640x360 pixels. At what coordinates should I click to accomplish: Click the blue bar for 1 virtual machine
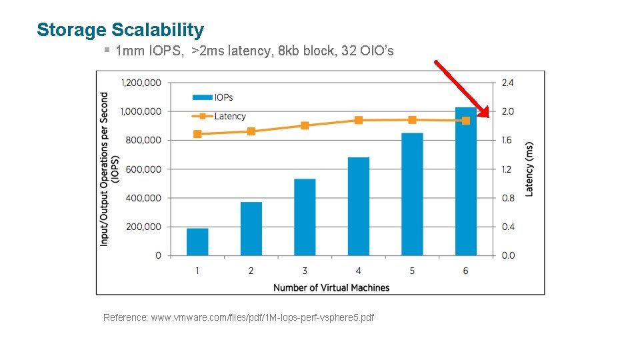tap(197, 242)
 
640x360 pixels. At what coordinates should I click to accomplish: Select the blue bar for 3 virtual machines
tap(305, 217)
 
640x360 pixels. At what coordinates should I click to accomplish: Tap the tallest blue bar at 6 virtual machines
tap(465, 181)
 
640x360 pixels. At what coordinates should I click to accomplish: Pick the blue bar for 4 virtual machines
tap(359, 207)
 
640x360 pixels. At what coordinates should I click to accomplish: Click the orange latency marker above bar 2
tap(251, 131)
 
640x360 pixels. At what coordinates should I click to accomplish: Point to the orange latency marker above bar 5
tap(412, 120)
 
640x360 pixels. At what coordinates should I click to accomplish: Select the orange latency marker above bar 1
tap(197, 134)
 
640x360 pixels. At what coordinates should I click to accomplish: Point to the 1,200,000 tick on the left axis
tap(141, 83)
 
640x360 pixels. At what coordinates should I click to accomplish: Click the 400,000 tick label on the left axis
tap(143, 198)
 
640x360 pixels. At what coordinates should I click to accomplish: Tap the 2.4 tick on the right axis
tap(507, 83)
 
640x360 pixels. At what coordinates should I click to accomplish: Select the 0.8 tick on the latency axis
tap(507, 198)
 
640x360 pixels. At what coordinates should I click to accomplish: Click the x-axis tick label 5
tap(412, 271)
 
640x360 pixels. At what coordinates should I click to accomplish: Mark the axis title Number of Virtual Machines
tap(331, 287)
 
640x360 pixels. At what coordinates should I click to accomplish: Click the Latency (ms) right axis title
tap(529, 169)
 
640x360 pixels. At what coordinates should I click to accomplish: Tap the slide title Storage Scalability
tap(121, 30)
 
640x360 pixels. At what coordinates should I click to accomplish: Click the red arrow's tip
tap(488, 117)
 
